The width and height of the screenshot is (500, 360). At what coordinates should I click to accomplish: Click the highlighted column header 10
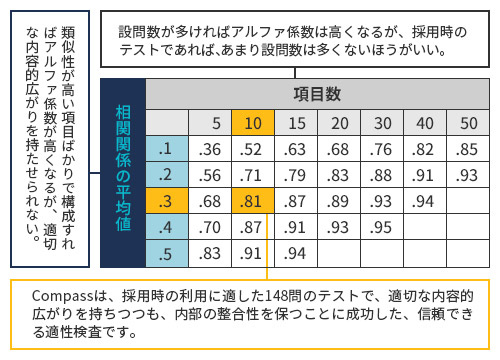pyautogui.click(x=253, y=123)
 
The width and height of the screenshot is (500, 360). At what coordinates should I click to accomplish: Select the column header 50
pyautogui.click(x=468, y=123)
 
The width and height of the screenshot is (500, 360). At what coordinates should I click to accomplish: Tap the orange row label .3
pyautogui.click(x=167, y=201)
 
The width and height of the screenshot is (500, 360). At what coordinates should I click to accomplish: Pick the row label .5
pyautogui.click(x=167, y=254)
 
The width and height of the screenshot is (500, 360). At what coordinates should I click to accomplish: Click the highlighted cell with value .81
pyautogui.click(x=253, y=201)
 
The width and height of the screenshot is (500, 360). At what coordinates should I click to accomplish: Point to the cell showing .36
pyautogui.click(x=210, y=149)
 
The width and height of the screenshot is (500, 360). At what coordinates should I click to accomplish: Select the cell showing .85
pyautogui.click(x=468, y=149)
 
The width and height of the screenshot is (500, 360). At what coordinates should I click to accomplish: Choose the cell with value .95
pyautogui.click(x=382, y=227)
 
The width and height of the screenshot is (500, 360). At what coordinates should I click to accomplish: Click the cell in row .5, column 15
pyautogui.click(x=296, y=254)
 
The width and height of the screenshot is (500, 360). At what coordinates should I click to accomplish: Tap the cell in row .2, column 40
pyautogui.click(x=425, y=175)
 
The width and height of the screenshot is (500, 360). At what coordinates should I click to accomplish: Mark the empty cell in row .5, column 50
pyautogui.click(x=468, y=254)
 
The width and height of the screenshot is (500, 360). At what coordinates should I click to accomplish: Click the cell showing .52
pyautogui.click(x=253, y=149)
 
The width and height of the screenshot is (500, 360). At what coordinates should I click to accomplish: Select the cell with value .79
pyautogui.click(x=296, y=175)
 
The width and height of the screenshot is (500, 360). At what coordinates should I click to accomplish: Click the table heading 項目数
pyautogui.click(x=317, y=94)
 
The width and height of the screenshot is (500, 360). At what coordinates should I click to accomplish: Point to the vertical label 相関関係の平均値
pyautogui.click(x=123, y=168)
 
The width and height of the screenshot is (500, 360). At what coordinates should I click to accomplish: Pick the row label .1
pyautogui.click(x=166, y=149)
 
